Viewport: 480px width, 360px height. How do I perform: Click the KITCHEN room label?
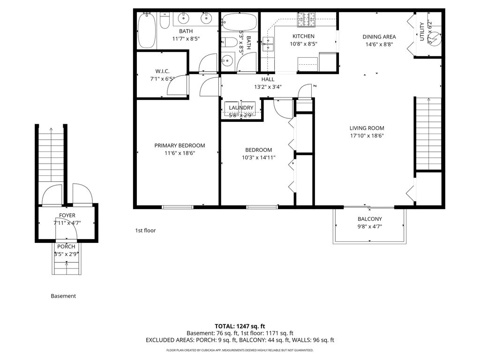[303, 36]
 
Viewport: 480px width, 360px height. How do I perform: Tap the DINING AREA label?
[379, 37]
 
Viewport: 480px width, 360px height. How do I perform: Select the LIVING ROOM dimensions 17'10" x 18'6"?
[367, 136]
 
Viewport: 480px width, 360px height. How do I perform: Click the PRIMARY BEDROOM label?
[180, 145]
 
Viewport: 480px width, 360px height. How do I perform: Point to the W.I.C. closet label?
[162, 71]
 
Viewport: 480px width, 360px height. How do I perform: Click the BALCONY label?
[370, 219]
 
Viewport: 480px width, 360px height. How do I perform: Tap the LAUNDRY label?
[241, 108]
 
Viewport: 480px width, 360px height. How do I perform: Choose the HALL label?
[268, 79]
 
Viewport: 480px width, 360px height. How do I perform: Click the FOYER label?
[67, 216]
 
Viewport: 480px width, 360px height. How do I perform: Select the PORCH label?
[66, 247]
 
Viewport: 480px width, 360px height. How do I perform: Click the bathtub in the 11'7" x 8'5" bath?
[147, 30]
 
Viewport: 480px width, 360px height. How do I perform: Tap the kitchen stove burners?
[306, 15]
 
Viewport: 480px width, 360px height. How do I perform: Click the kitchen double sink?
[268, 44]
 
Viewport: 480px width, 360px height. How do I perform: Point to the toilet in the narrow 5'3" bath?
[229, 42]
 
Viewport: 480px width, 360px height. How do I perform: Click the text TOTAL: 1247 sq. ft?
[240, 326]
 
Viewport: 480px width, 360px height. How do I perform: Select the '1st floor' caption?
[145, 231]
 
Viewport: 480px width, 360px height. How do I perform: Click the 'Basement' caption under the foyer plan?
[63, 296]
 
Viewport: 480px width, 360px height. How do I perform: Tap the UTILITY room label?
[422, 31]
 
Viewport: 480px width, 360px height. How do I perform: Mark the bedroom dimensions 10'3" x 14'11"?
[259, 157]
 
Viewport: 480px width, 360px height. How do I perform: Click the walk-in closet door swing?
[177, 85]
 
